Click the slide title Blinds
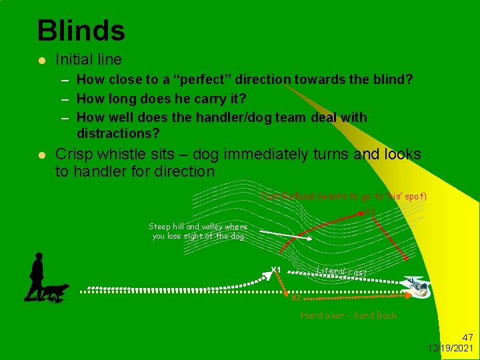pyautogui.click(x=81, y=30)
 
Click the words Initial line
pyautogui.click(x=89, y=59)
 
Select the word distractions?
pyautogui.click(x=118, y=133)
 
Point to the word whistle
pyautogui.click(x=125, y=155)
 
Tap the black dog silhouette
pyautogui.click(x=54, y=291)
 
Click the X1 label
pyautogui.click(x=275, y=270)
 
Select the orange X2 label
pyautogui.click(x=296, y=298)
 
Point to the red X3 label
pyautogui.click(x=369, y=212)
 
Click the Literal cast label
pyautogui.click(x=341, y=271)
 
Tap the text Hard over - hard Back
pyautogui.click(x=348, y=315)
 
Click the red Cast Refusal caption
pyautogui.click(x=344, y=196)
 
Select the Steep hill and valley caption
pyautogui.click(x=198, y=231)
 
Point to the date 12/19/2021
pyautogui.click(x=451, y=348)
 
